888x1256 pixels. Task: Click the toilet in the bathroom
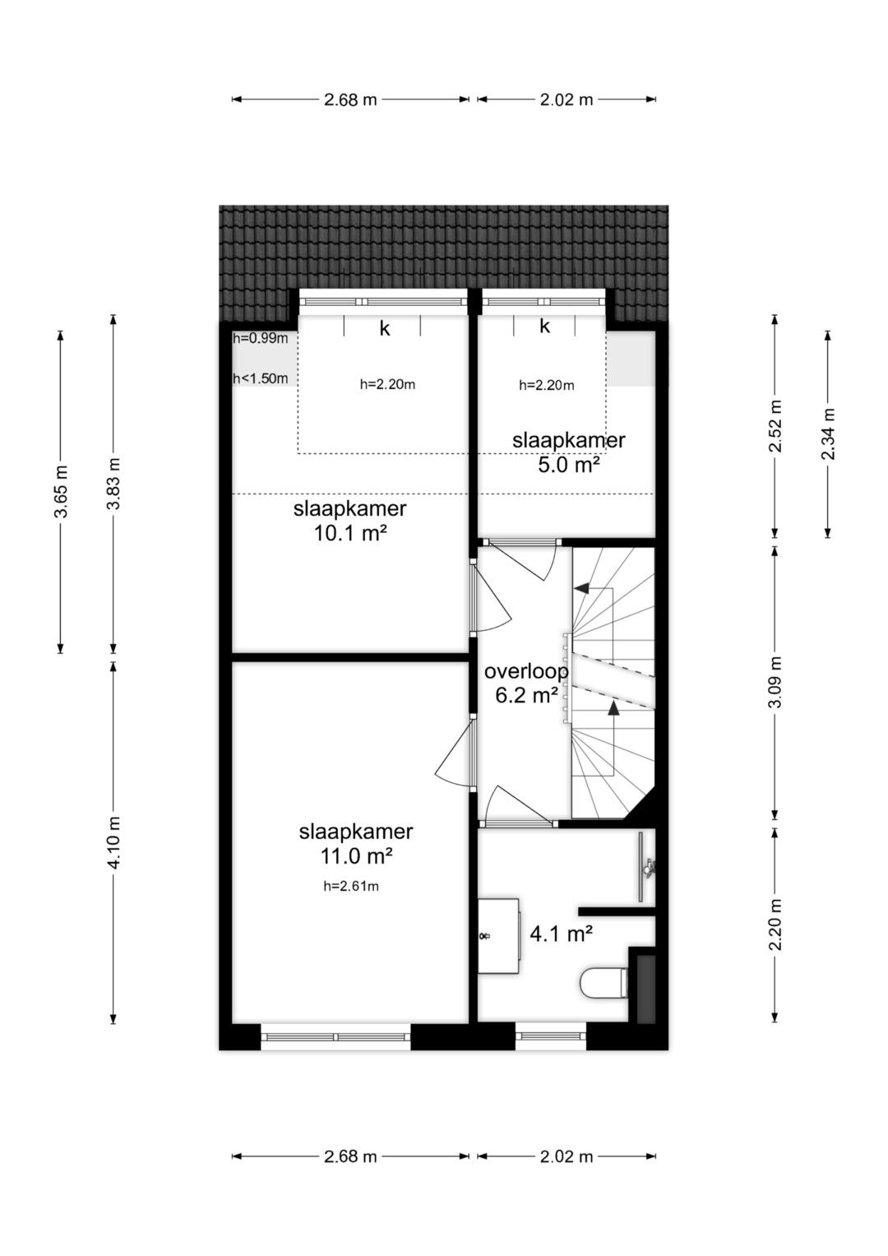click(x=604, y=983)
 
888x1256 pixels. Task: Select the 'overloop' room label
click(x=526, y=670)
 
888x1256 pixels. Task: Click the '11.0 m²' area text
click(x=355, y=856)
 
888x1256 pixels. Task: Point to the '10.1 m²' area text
click(x=350, y=533)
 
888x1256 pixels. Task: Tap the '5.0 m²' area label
click(x=569, y=464)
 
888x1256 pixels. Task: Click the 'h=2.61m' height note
click(x=351, y=887)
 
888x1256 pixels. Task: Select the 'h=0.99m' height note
click(x=260, y=338)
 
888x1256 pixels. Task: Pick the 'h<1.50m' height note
click(x=260, y=378)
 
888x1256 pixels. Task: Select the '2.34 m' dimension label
click(x=828, y=433)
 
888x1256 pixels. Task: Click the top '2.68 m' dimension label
click(x=350, y=100)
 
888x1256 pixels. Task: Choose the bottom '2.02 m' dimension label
click(x=567, y=1156)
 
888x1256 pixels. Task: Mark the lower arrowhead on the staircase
click(x=614, y=708)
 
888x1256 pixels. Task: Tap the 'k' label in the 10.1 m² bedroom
click(x=385, y=328)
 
